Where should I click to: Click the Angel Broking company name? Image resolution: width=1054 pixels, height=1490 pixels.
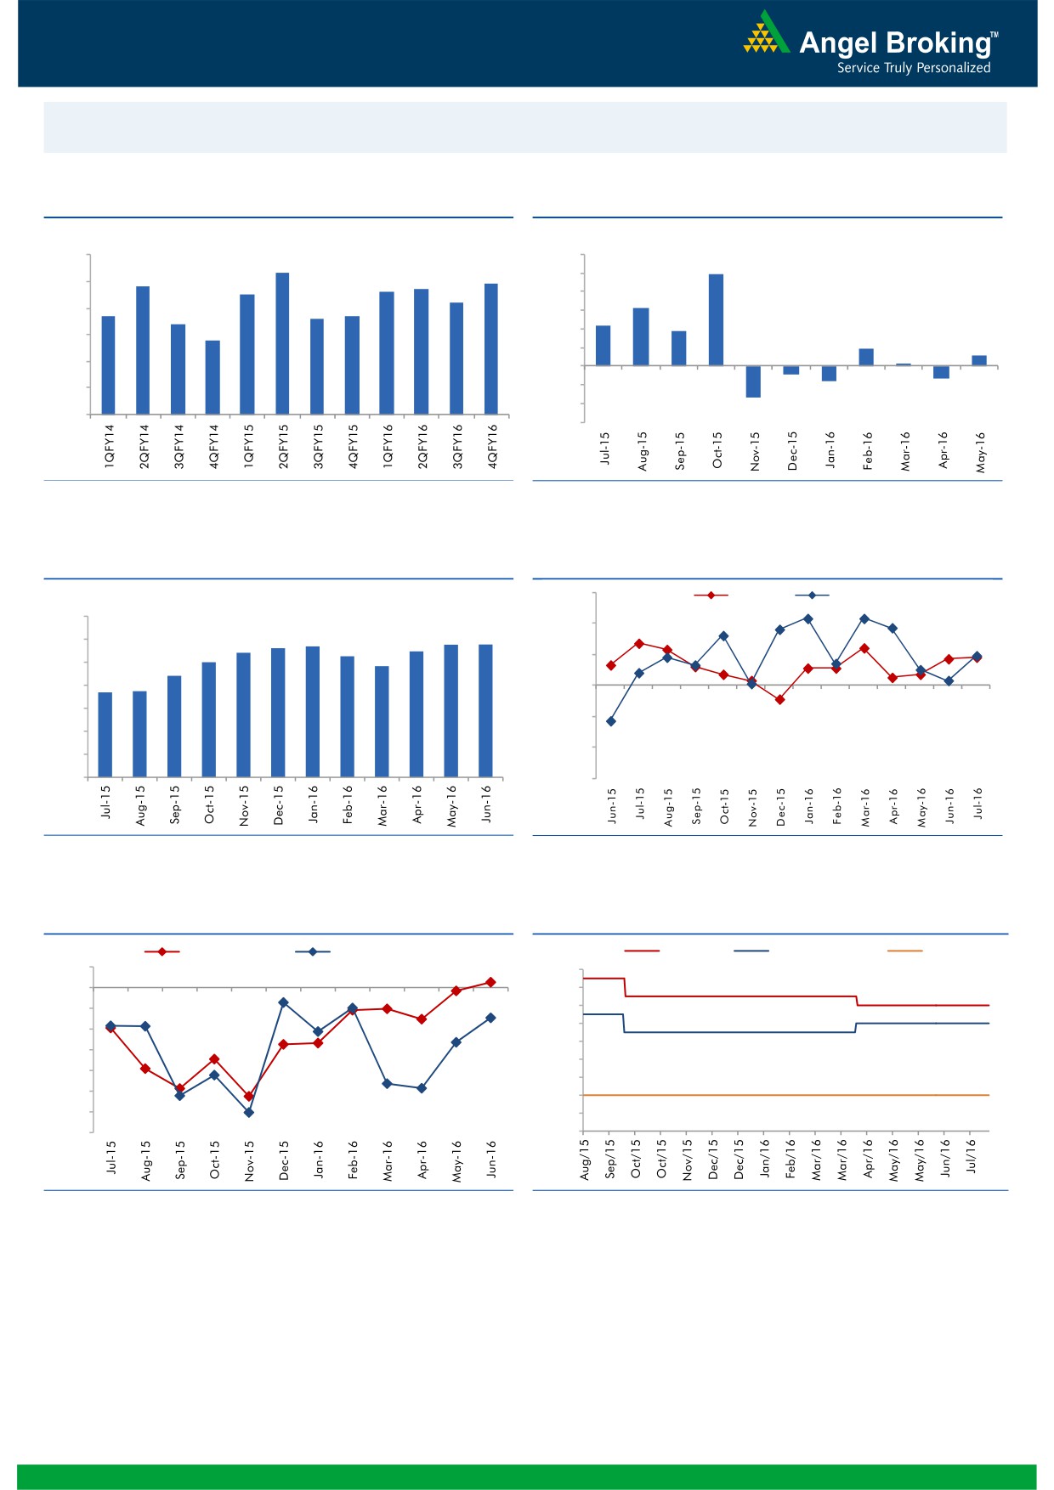click(895, 42)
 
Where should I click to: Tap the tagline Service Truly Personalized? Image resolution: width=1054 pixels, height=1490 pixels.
click(914, 68)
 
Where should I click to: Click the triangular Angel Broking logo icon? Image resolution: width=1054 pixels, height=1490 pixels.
click(766, 33)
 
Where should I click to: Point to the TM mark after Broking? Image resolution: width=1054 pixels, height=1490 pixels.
click(994, 36)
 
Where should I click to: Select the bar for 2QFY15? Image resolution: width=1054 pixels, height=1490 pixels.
click(282, 343)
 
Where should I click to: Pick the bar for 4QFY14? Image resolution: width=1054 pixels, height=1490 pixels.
click(212, 377)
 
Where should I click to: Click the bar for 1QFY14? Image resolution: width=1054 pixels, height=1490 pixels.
click(108, 365)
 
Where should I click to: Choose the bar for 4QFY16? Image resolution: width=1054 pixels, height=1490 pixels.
click(491, 348)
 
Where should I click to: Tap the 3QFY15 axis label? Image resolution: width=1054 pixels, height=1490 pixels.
click(318, 446)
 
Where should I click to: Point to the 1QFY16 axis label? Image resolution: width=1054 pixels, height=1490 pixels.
click(388, 446)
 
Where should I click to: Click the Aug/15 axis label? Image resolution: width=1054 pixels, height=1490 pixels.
click(585, 1159)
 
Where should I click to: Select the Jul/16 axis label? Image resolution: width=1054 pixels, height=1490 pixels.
click(971, 1156)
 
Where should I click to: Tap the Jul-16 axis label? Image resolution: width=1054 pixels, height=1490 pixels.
click(978, 803)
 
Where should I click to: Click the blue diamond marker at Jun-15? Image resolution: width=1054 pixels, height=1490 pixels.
click(611, 721)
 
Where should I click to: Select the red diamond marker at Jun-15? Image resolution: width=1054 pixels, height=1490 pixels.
click(611, 665)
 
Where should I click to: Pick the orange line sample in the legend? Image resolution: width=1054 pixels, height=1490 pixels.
click(904, 951)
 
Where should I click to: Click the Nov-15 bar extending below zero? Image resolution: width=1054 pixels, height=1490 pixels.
click(753, 381)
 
